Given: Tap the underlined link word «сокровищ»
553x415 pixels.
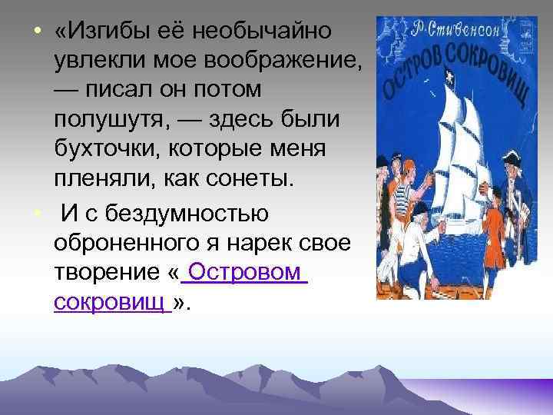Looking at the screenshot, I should coord(112,302).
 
